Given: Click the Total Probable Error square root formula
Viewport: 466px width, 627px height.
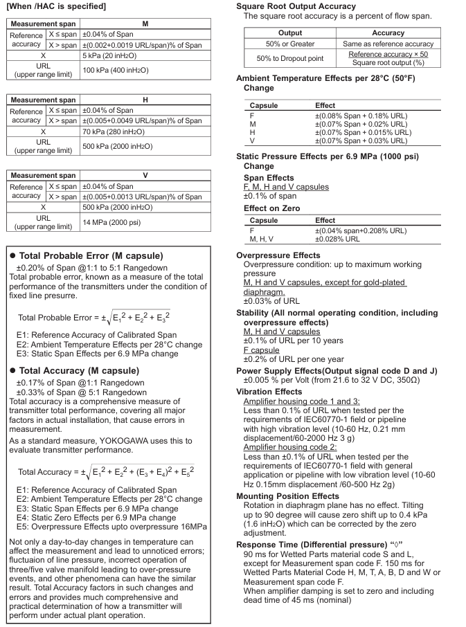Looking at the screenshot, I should [x=93, y=317].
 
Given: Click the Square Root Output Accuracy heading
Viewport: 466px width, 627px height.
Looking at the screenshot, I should [x=296, y=6].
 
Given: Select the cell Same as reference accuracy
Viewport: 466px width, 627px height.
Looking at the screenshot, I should [x=388, y=44].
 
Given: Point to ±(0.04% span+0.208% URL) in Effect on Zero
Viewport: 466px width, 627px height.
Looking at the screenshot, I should [x=361, y=230].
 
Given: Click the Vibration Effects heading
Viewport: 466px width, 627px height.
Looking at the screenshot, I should [x=269, y=392].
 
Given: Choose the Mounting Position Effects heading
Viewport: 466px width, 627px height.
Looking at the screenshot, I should [x=287, y=496].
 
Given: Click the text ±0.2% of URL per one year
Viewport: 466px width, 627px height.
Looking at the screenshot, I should [x=293, y=359].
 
